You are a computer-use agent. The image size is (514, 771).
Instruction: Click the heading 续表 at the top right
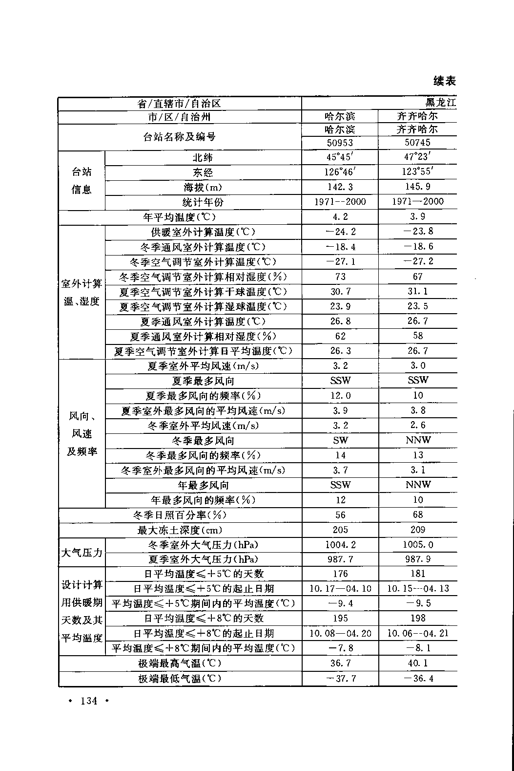tap(444, 81)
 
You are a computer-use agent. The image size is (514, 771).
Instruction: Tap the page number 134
tap(89, 701)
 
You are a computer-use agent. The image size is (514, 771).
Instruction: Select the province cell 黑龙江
tap(440, 103)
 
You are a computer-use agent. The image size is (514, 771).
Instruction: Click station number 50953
tap(340, 143)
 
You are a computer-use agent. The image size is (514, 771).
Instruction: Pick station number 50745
tap(418, 143)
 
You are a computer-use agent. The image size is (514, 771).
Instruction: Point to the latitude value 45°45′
tap(340, 157)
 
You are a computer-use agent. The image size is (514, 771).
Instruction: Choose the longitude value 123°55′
tap(418, 172)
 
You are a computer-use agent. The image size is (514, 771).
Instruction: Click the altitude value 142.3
tap(340, 187)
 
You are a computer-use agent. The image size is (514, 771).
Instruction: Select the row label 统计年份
tap(203, 202)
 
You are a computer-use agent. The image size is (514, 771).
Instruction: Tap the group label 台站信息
tap(82, 180)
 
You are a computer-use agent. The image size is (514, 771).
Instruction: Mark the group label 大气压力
tap(82, 552)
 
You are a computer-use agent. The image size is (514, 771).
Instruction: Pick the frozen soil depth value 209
tap(418, 530)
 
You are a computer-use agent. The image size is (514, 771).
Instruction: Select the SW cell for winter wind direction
tap(340, 440)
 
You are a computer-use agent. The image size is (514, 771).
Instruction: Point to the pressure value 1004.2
tap(340, 545)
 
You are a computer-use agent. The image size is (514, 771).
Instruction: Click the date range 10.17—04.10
tap(340, 589)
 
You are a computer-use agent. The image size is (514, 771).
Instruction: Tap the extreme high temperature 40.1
tap(418, 663)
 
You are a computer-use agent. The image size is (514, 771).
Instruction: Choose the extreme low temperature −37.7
tap(340, 679)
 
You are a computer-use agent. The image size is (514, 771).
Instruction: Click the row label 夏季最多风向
tap(203, 381)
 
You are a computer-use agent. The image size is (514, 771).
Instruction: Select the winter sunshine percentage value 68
tap(418, 515)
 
